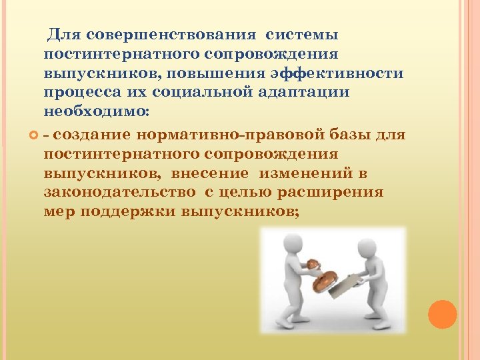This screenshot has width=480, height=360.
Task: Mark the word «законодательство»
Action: point(120,192)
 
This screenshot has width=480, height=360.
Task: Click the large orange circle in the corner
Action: point(441,314)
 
